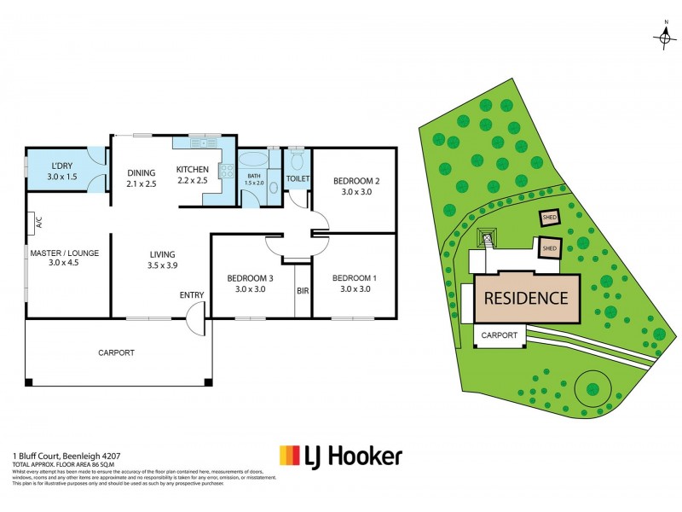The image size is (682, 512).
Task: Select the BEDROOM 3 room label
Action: point(251,278)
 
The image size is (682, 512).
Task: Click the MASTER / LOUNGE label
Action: point(65,253)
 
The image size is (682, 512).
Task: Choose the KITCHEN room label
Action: point(192,169)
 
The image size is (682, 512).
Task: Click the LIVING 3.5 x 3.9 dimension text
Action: point(162,266)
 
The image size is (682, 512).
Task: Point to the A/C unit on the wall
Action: point(38,224)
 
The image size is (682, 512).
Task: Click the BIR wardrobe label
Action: point(303,291)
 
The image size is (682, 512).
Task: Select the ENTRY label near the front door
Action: point(192,295)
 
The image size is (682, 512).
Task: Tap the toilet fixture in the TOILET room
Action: point(297,160)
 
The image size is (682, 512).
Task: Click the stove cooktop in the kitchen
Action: point(228,171)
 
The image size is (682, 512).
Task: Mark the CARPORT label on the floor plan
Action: point(116,352)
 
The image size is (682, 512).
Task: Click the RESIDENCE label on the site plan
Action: point(526,298)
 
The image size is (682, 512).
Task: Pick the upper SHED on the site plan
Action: point(550,218)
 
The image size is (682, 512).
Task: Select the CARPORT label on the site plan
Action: point(500,335)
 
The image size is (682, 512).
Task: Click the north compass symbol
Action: point(664,37)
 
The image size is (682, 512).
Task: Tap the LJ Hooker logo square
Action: point(290,456)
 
